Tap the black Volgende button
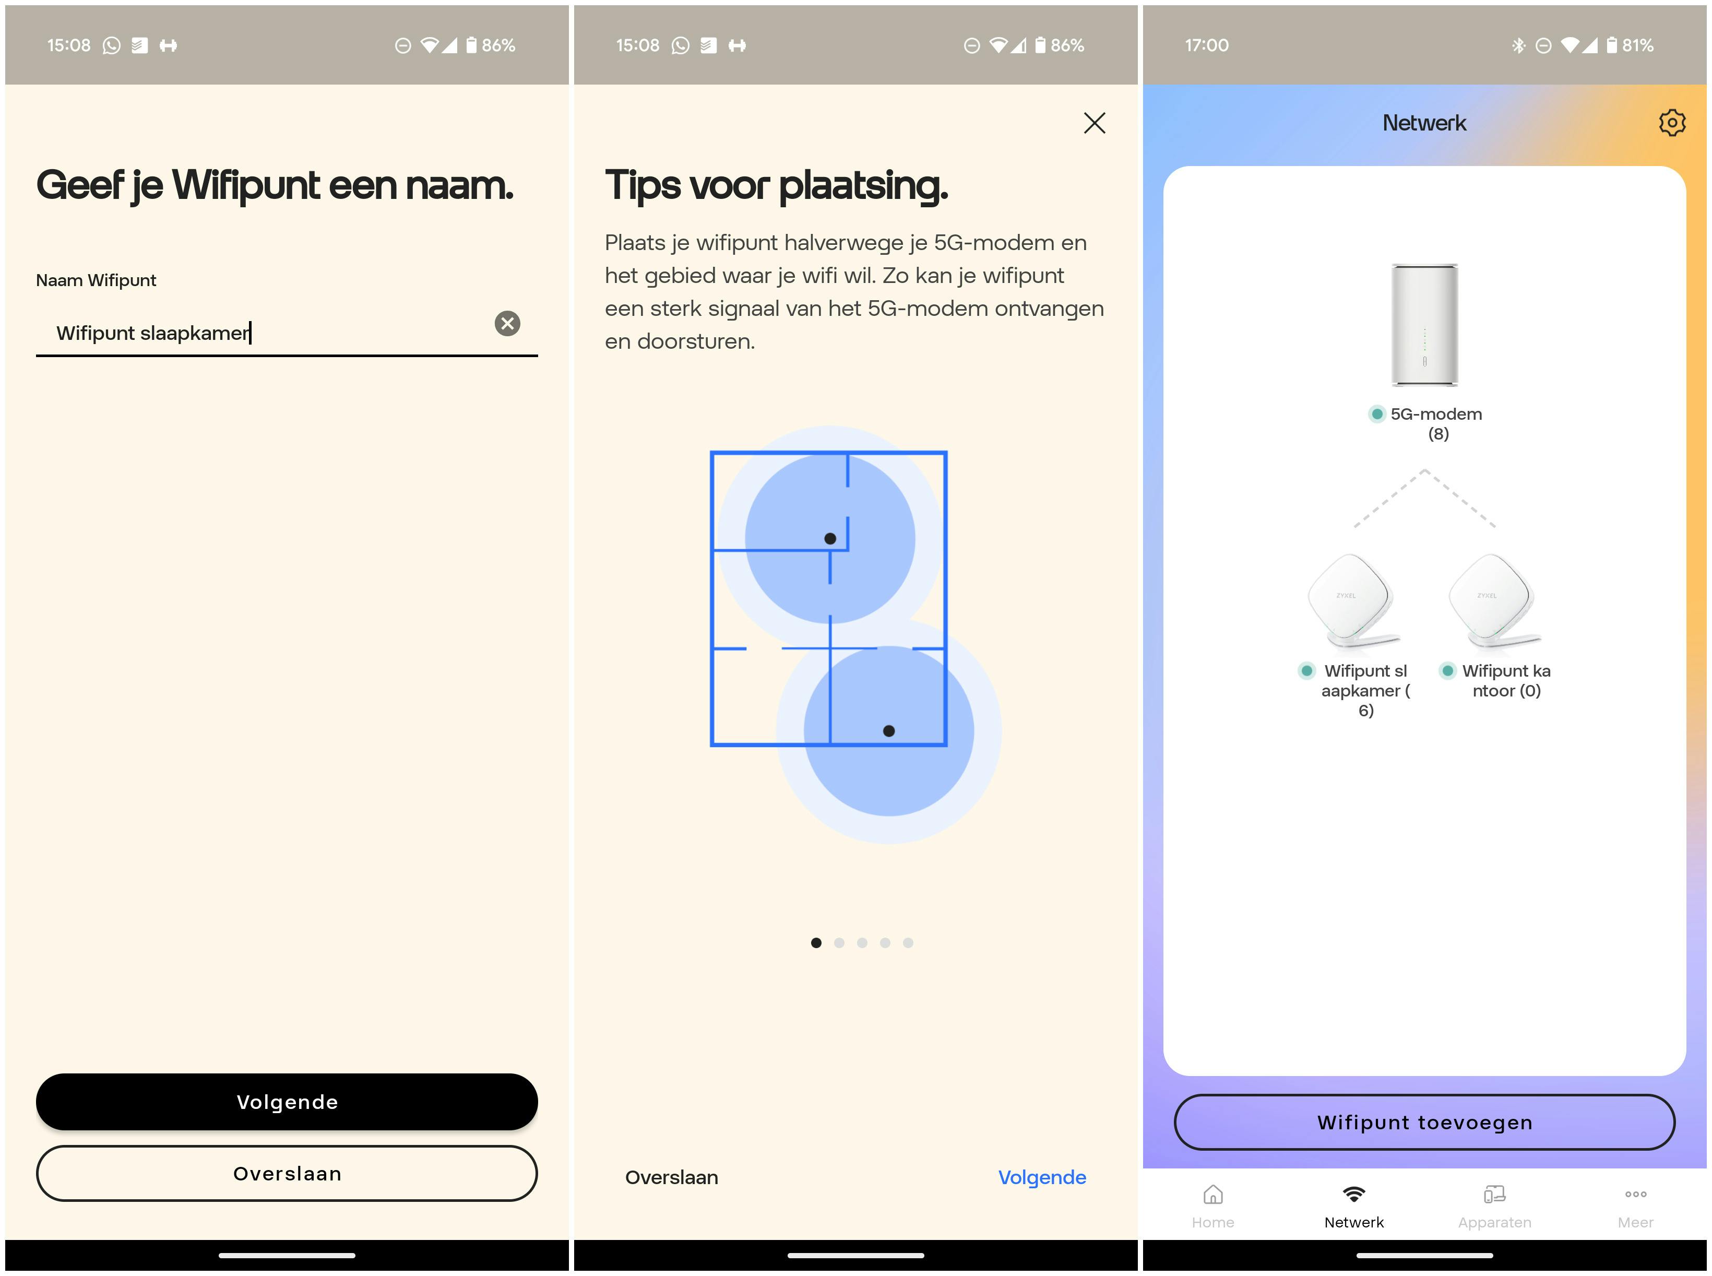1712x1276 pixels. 287,1102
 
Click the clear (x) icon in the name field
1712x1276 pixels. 507,324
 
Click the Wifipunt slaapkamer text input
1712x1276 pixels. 263,333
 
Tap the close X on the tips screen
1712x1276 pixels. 1094,123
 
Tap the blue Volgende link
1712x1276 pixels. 1042,1177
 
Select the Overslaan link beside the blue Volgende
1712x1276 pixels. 672,1177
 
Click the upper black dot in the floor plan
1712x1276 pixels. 830,538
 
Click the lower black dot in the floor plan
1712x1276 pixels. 889,731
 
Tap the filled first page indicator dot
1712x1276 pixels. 816,942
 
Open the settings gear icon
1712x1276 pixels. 1672,123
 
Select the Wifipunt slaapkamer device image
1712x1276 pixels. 1353,601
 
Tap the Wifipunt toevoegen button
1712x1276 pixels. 1425,1123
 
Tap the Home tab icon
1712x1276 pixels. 1213,1195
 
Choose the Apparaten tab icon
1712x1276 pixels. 1494,1195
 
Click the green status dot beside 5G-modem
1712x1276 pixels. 1377,414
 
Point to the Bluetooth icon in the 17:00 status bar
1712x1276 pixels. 1518,45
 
